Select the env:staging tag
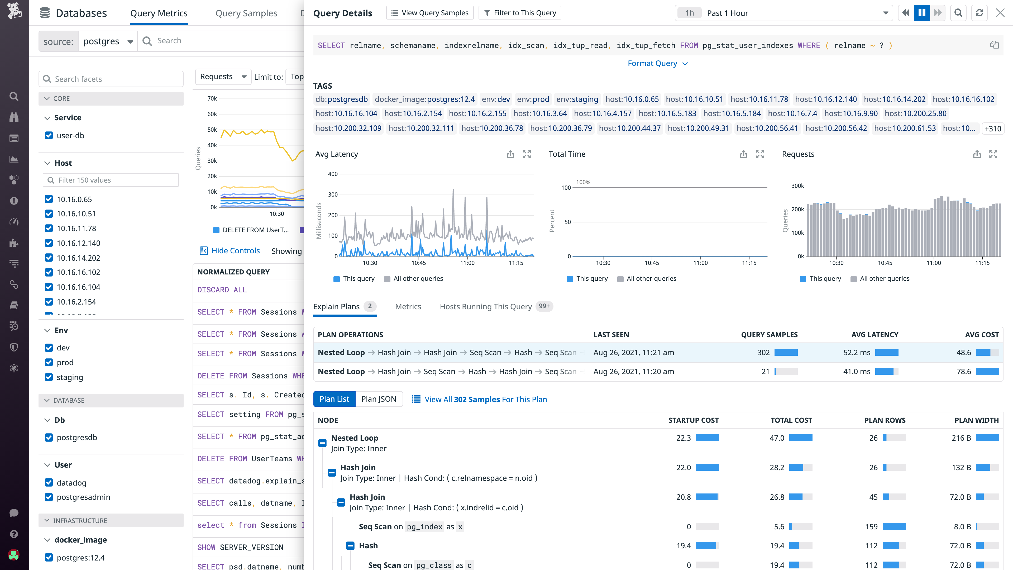577,99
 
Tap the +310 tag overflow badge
992,129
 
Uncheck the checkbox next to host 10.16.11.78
49,229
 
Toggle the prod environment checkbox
49,362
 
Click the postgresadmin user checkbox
49,497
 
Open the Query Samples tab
246,13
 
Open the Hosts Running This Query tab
486,306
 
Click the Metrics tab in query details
408,306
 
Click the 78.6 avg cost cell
963,371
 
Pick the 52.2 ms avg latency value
857,353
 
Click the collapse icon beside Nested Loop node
322,443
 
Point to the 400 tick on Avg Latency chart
333,174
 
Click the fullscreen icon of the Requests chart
993,154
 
